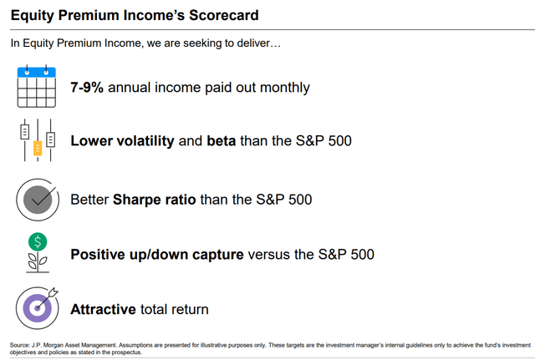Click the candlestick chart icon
pos(36,141)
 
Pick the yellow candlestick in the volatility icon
pos(37,149)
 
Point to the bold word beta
pos(221,141)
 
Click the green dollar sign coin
pos(36,242)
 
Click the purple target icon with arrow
pos(37,307)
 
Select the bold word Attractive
pos(103,309)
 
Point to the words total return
pos(174,309)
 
